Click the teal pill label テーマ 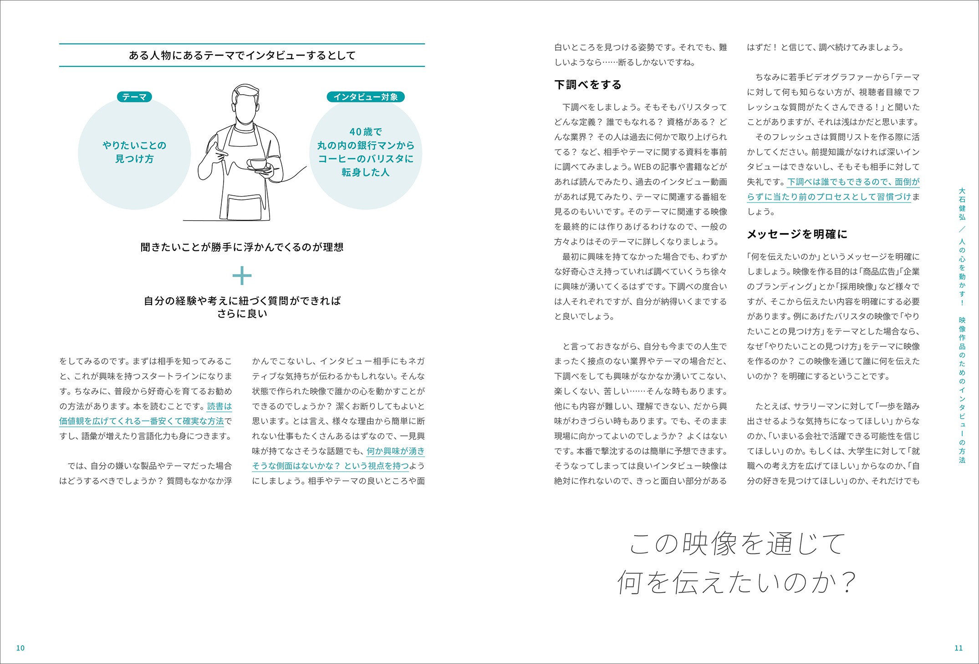pos(134,97)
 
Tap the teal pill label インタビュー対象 pos(366,97)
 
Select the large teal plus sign pos(242,275)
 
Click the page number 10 pos(20,648)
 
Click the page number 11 pos(959,648)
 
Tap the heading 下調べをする pos(588,85)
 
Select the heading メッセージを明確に pos(797,234)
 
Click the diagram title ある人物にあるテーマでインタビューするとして pos(242,56)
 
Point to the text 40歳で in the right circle pos(366,132)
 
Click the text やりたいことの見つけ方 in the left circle pos(134,152)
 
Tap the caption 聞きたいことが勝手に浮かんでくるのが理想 pos(242,247)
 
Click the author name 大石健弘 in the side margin pos(962,204)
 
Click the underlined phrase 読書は pos(219,406)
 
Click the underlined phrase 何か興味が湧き pos(396,451)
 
